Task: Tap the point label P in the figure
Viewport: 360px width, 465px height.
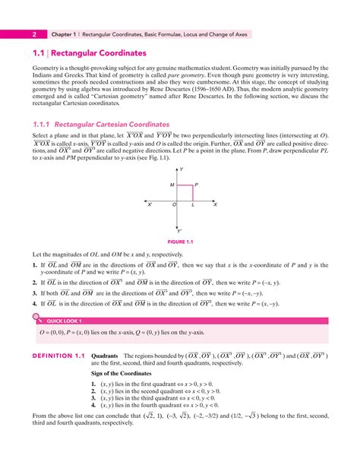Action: (x=196, y=185)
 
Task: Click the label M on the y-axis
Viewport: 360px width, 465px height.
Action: (x=172, y=185)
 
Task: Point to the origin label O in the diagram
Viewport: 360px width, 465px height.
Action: (x=174, y=205)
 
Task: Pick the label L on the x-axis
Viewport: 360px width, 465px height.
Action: (x=193, y=205)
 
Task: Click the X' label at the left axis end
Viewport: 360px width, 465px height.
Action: (x=150, y=205)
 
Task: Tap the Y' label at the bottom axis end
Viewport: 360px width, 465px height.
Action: (x=180, y=231)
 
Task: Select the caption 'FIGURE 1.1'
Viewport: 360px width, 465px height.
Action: (x=179, y=243)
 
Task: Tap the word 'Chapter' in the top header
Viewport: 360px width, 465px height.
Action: (x=63, y=33)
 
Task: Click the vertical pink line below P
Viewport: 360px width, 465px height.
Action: (x=193, y=192)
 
